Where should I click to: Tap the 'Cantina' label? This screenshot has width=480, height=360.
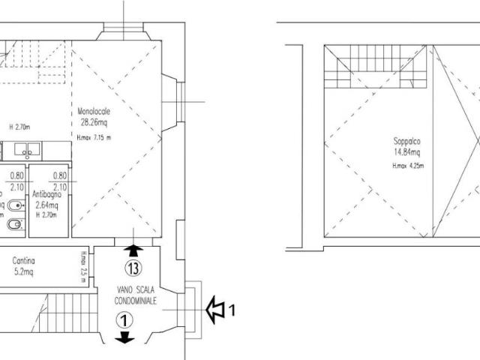(25, 262)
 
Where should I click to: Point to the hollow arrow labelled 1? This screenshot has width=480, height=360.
(217, 307)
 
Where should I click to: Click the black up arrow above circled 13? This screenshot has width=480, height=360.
(133, 250)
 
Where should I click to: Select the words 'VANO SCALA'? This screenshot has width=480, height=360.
(136, 290)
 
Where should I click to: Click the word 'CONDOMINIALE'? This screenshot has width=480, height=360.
(136, 300)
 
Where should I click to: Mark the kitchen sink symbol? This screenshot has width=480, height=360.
(26, 152)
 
